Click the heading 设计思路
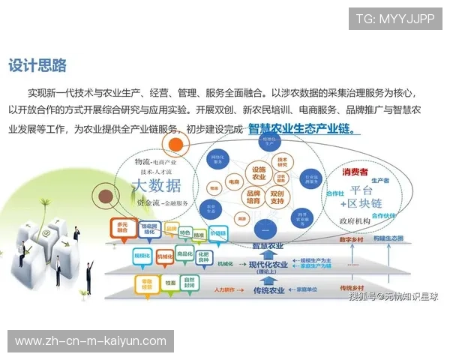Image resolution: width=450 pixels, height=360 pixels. coord(37,65)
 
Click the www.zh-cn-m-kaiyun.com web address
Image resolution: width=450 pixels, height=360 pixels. coord(91,341)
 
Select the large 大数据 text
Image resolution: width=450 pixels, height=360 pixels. coord(155,185)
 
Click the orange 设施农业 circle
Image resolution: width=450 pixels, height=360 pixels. coord(259,173)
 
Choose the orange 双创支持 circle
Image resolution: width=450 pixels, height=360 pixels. coord(278,198)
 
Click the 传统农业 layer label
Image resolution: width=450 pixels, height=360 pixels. coord(268,289)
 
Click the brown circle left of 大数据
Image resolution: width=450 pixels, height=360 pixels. coord(100,196)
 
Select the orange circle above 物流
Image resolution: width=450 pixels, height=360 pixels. coord(175,145)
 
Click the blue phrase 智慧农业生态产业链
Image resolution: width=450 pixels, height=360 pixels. coord(301,128)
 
